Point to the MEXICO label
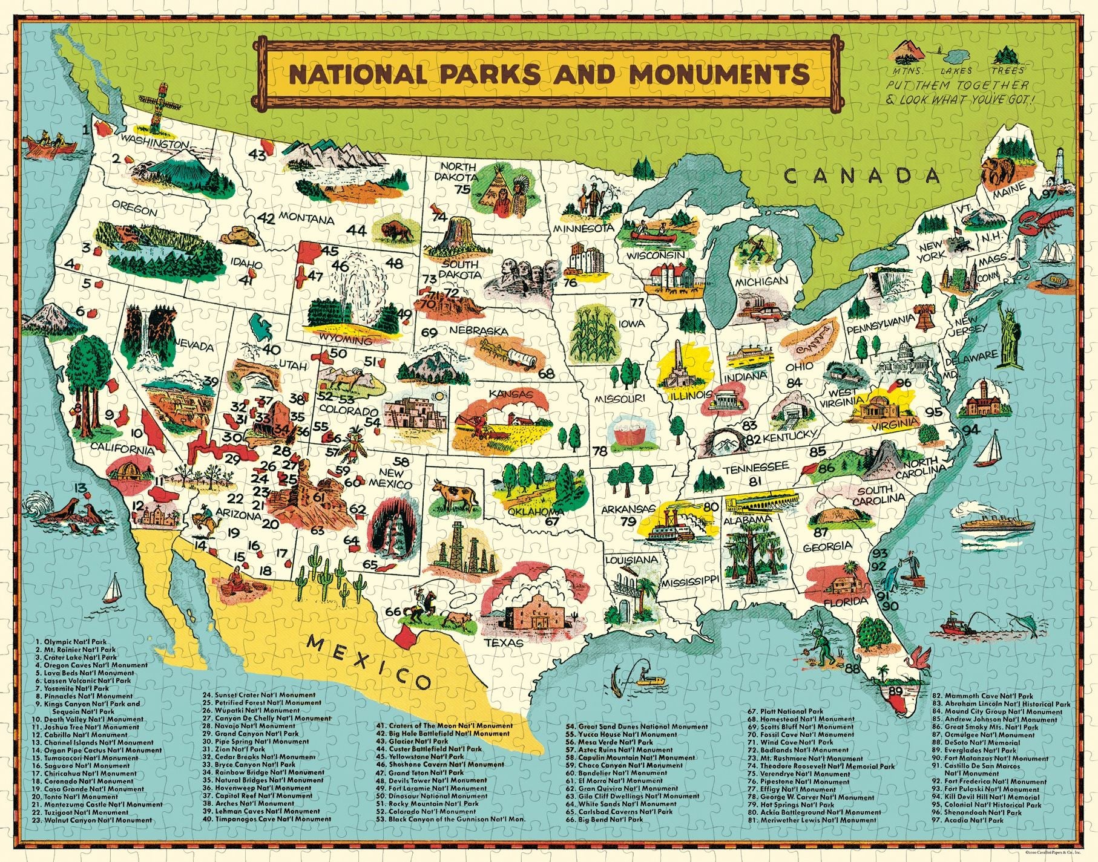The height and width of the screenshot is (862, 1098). pyautogui.click(x=370, y=662)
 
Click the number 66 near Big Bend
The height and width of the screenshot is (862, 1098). pyautogui.click(x=393, y=612)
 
